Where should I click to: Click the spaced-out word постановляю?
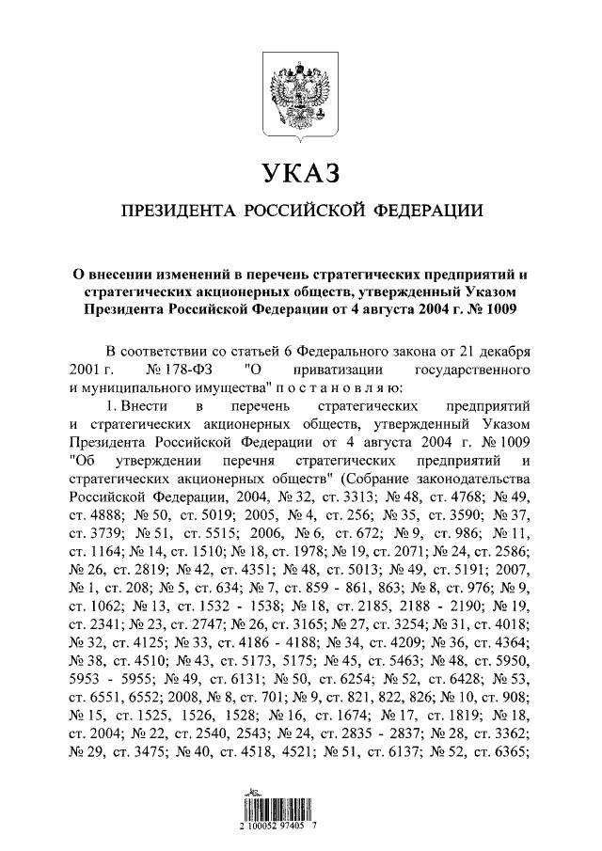point(338,386)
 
